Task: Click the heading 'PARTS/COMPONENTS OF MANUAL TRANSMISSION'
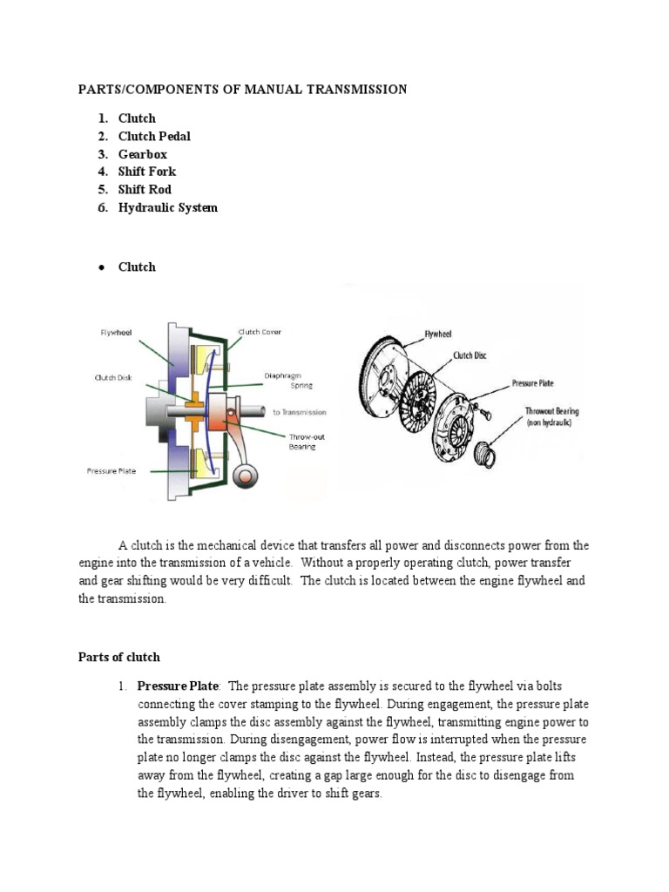tap(242, 90)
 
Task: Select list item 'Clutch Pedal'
tap(154, 136)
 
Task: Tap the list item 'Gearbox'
tap(142, 154)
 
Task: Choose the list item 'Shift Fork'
tap(146, 172)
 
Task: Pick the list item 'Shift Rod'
tap(145, 189)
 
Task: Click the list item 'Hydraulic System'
tap(167, 207)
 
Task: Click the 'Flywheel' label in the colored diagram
tap(117, 332)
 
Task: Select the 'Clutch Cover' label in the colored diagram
tap(260, 332)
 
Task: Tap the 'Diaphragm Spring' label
tap(287, 381)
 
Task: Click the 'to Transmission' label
tap(299, 412)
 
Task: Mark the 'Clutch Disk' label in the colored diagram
tap(112, 377)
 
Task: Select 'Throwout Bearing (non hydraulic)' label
tap(551, 416)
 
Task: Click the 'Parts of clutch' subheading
tap(119, 657)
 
